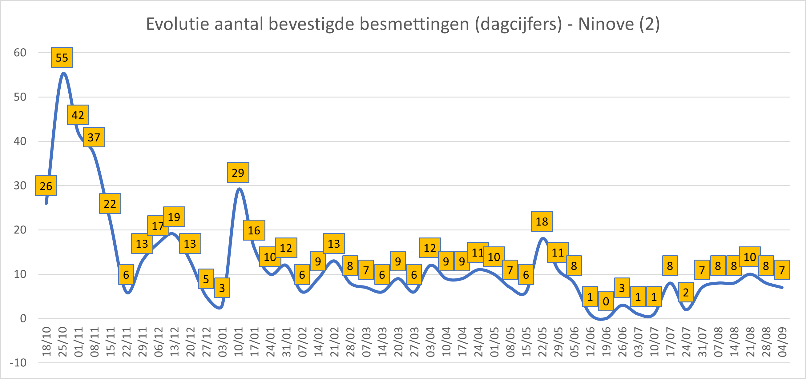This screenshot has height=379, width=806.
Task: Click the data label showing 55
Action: pyautogui.click(x=62, y=58)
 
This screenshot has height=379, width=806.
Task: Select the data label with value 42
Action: pyautogui.click(x=78, y=115)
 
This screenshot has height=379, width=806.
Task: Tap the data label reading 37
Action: pyautogui.click(x=94, y=137)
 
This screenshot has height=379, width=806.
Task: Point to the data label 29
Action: pyautogui.click(x=238, y=173)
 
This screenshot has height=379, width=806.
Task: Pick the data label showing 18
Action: pyautogui.click(x=542, y=221)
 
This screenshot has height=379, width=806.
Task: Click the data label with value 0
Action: pyautogui.click(x=606, y=301)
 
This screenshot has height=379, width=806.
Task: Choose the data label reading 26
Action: pyautogui.click(x=46, y=186)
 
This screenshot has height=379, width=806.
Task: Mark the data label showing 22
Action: pyautogui.click(x=110, y=204)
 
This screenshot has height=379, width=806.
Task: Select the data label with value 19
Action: pyautogui.click(x=174, y=217)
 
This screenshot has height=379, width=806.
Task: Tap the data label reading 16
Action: pyautogui.click(x=254, y=230)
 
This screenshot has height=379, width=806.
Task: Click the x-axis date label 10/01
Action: pyautogui.click(x=238, y=342)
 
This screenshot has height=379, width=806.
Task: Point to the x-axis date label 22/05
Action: pyautogui.click(x=542, y=342)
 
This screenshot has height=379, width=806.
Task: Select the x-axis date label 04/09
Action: pyautogui.click(x=782, y=342)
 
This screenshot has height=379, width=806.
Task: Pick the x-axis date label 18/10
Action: pyautogui.click(x=46, y=342)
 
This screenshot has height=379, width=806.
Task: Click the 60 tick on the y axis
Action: pyautogui.click(x=20, y=53)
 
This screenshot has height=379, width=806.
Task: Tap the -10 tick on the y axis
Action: pyautogui.click(x=18, y=363)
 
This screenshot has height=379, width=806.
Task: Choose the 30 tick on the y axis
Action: pyautogui.click(x=20, y=186)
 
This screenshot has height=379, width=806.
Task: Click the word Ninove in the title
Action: pyautogui.click(x=606, y=24)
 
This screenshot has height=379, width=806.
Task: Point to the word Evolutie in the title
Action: pyautogui.click(x=177, y=24)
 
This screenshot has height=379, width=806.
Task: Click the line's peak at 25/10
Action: pyautogui.click(x=63, y=73)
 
